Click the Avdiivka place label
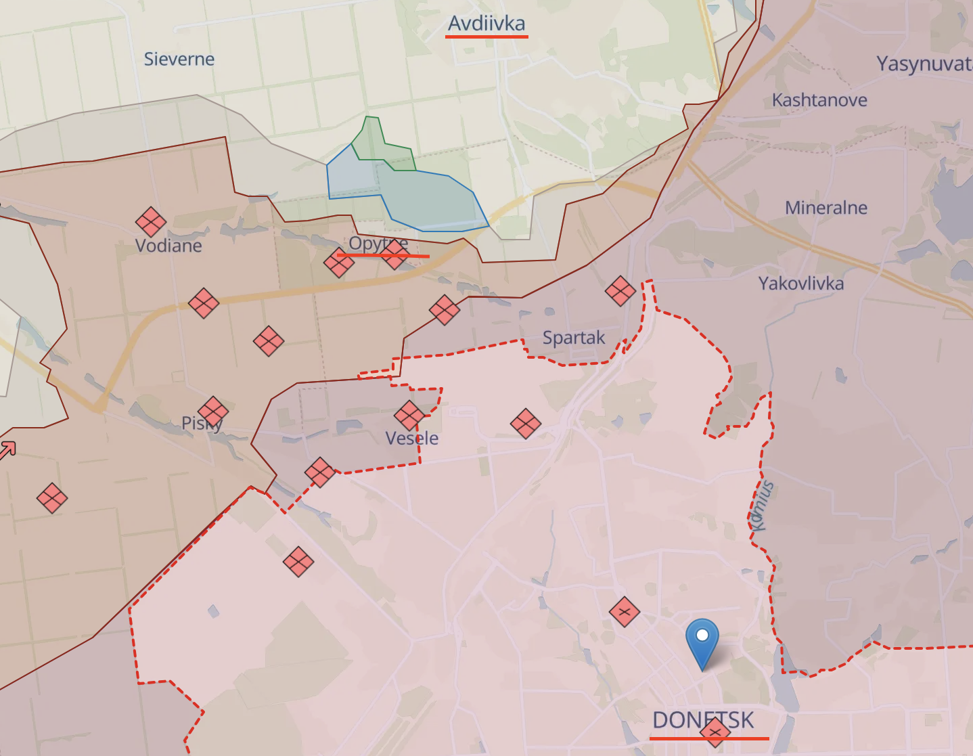[x=486, y=24]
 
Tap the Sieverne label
[x=179, y=60]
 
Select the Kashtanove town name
[x=819, y=100]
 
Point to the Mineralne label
[x=825, y=208]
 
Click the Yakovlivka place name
[x=800, y=283]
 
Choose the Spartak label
[x=574, y=337]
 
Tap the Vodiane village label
[x=168, y=245]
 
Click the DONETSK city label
[x=702, y=719]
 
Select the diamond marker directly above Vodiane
[x=151, y=221]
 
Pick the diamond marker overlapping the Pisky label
[x=213, y=412]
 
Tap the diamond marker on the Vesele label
[x=409, y=416]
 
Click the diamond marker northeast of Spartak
[x=620, y=291]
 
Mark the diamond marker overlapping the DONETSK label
[x=715, y=732]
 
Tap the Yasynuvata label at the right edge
[x=924, y=64]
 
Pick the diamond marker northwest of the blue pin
[x=624, y=612]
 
